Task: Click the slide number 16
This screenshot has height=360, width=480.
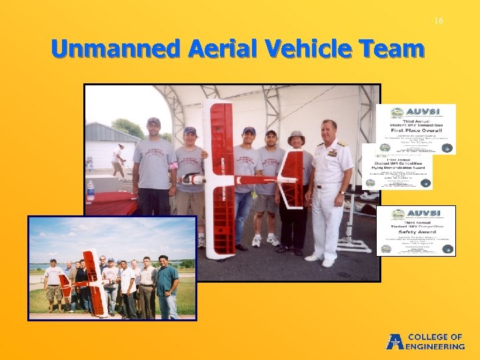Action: point(438,21)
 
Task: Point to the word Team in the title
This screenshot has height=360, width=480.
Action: point(395,49)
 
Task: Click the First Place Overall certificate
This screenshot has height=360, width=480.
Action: point(415,129)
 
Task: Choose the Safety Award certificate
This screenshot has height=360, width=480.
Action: point(415,231)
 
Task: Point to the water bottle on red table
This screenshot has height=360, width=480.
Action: point(90,191)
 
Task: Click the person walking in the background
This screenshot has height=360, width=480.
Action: point(119,162)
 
